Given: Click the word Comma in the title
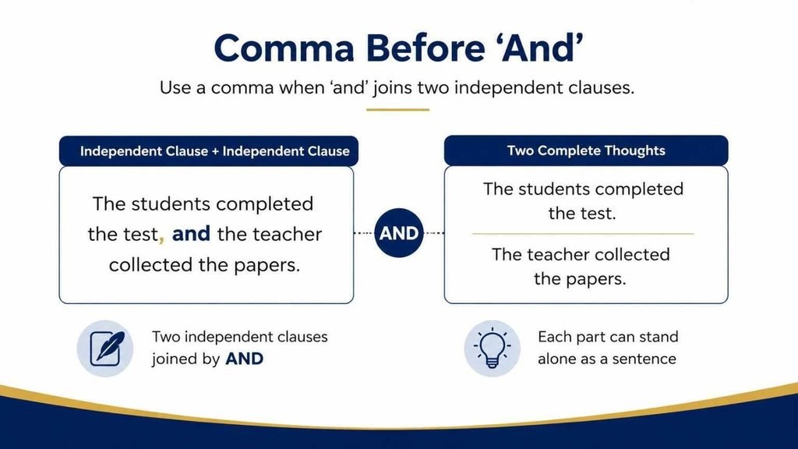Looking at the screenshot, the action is pyautogui.click(x=284, y=48).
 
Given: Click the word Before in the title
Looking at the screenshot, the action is pyautogui.click(x=425, y=48).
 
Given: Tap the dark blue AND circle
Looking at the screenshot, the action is pyautogui.click(x=399, y=233).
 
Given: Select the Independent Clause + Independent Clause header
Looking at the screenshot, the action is pyautogui.click(x=209, y=151).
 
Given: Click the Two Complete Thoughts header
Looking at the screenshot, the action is pyautogui.click(x=586, y=150).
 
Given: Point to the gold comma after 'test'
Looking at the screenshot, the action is pyautogui.click(x=161, y=238).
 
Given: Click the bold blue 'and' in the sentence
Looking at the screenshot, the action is pyautogui.click(x=191, y=234).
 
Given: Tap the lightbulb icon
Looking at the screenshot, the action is pyautogui.click(x=493, y=348).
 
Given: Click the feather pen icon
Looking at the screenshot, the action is pyautogui.click(x=107, y=348).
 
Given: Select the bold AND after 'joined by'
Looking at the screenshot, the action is pyautogui.click(x=244, y=359).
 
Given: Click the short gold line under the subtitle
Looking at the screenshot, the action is pyautogui.click(x=397, y=109).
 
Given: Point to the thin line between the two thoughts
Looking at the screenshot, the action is pyautogui.click(x=583, y=234).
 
